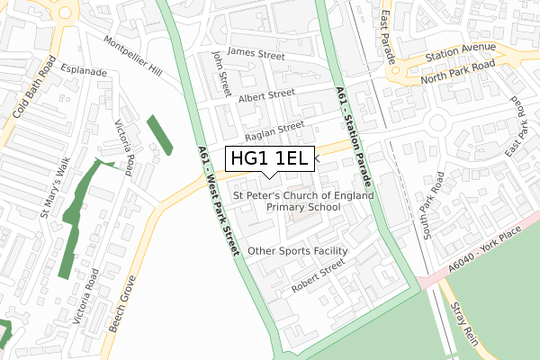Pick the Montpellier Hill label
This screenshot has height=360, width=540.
(133, 57)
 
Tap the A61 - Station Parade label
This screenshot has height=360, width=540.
(354, 136)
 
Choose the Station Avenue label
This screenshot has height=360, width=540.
(463, 48)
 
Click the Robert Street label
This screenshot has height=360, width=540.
(318, 276)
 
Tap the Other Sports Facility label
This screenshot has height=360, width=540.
(297, 251)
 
